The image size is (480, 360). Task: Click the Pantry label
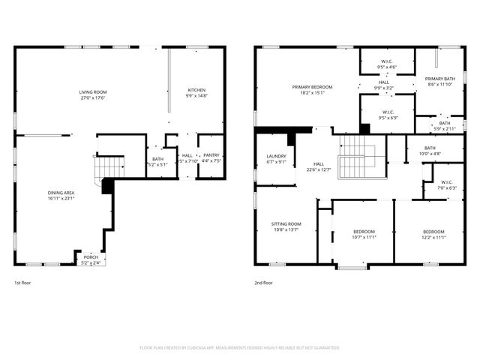[x=211, y=157]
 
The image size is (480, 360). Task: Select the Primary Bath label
[x=439, y=82]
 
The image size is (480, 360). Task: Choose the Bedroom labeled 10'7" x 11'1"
[x=363, y=234]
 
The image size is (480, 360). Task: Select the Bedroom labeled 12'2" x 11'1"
[x=433, y=234]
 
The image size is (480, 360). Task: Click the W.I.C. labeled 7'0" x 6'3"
[x=447, y=184]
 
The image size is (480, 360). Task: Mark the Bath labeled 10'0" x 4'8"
[x=430, y=150]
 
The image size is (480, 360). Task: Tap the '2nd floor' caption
[x=263, y=283]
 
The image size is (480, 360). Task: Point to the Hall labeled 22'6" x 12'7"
[x=319, y=166]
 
